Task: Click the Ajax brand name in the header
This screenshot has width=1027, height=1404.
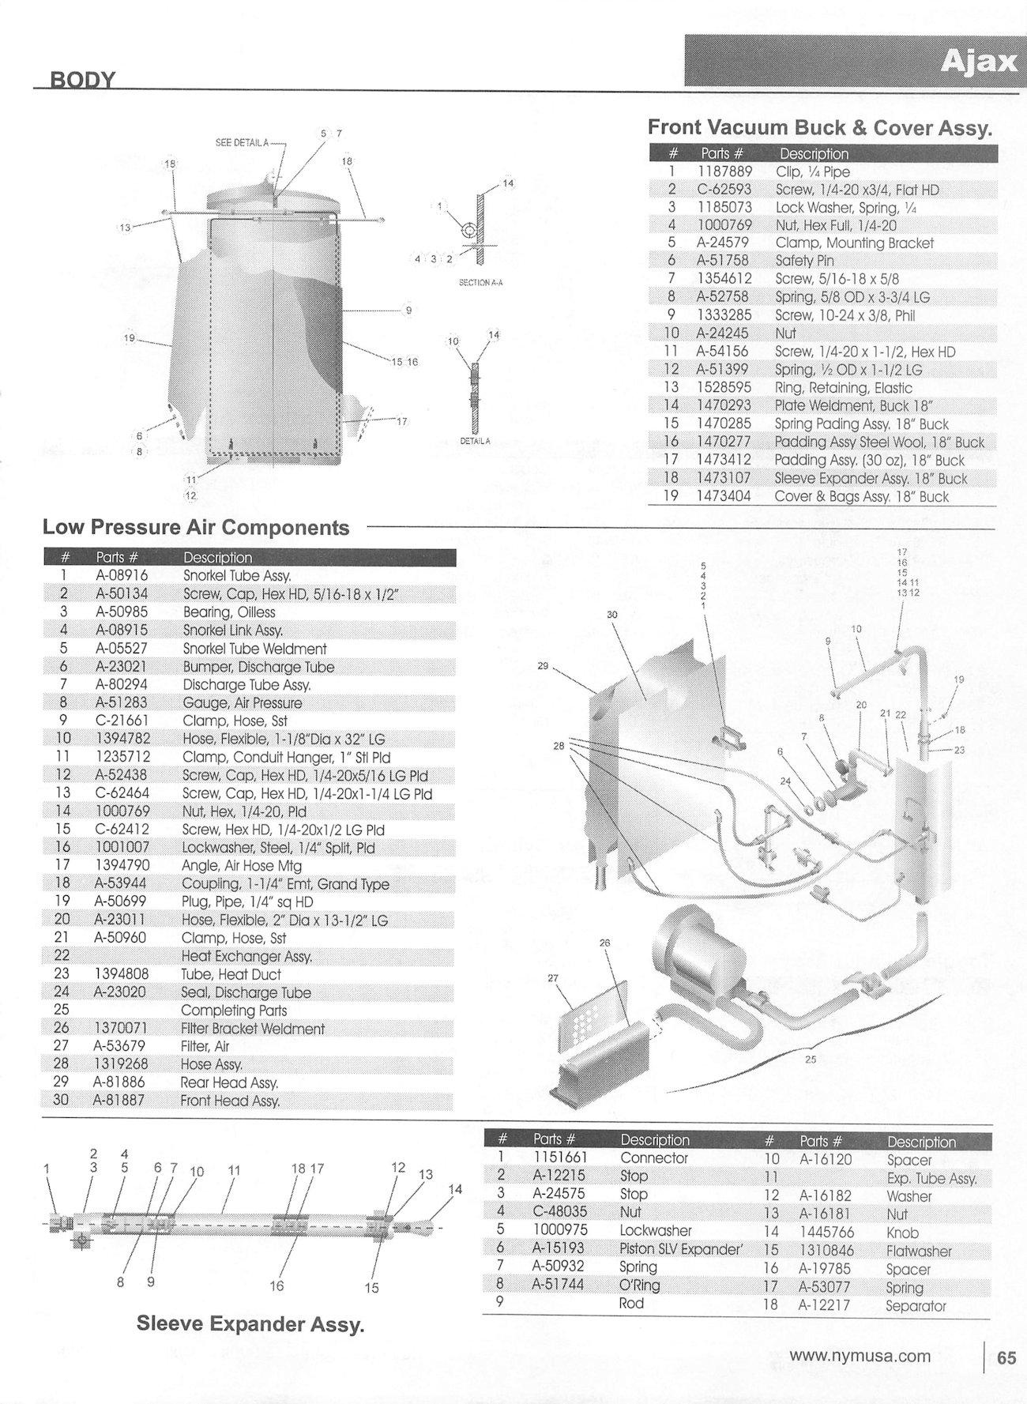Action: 978,62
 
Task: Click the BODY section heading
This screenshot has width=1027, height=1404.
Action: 83,80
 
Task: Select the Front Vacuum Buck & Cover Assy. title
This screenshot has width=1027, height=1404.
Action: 819,128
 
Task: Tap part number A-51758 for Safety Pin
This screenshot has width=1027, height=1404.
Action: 725,261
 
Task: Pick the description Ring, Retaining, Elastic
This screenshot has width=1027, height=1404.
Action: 844,388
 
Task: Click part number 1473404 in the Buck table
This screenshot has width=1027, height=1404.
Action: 723,496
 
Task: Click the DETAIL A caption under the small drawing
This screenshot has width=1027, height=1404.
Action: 475,441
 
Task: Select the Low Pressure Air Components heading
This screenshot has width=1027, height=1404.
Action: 196,527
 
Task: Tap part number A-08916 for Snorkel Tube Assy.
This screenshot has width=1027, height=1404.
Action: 122,576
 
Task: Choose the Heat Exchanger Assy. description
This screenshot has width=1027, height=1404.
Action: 246,956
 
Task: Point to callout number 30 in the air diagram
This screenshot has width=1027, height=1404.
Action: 612,614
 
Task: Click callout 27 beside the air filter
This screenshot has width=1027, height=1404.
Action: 553,978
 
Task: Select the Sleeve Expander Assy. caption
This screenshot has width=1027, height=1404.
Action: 250,1324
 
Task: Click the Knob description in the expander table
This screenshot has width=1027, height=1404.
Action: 901,1233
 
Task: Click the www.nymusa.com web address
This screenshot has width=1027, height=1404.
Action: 860,1357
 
